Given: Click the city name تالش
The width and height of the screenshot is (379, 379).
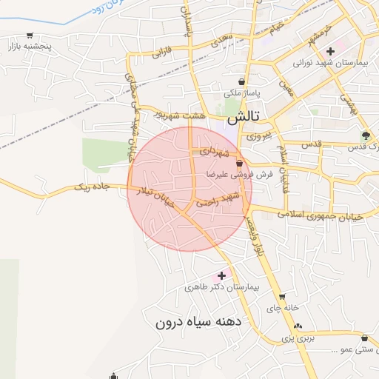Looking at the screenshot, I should click(242, 117).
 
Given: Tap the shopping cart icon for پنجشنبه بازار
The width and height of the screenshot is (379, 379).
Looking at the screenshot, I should click(30, 35).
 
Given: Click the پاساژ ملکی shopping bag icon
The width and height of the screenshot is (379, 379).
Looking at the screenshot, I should click(242, 82).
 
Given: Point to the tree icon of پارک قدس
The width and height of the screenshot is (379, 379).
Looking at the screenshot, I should click(366, 135).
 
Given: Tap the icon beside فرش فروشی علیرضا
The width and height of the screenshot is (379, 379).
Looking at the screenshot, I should click(239, 163).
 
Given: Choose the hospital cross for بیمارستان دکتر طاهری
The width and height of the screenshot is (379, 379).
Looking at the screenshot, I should click(221, 275).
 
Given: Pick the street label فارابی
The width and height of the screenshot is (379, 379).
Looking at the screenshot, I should click(162, 53).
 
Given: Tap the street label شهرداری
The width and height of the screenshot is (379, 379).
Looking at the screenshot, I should click(213, 151).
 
